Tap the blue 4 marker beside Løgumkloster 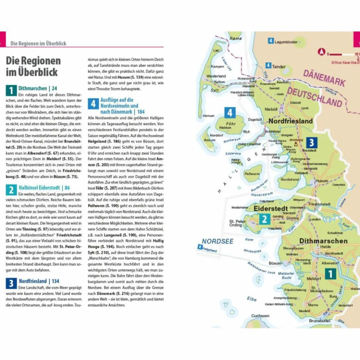(271, 41)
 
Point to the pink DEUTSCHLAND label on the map (315, 97)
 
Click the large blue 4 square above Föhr (230, 112)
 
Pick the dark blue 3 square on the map (311, 143)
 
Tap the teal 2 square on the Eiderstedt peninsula (264, 219)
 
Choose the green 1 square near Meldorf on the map (330, 274)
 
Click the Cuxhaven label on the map (260, 316)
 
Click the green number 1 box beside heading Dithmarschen (11, 90)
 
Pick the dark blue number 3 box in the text (11, 283)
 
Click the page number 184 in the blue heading (141, 112)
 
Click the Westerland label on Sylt (216, 76)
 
